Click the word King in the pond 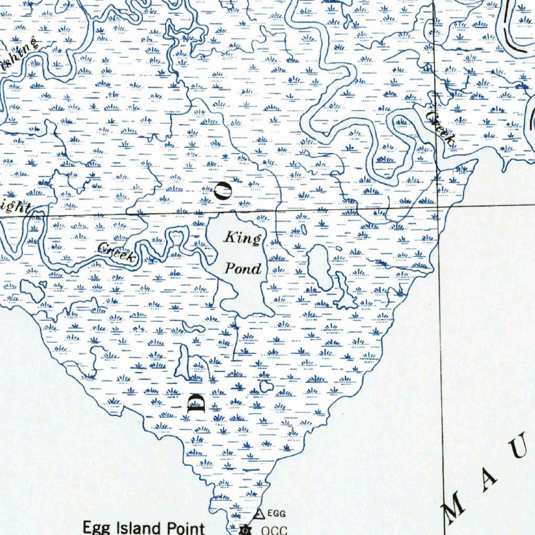point(242,239)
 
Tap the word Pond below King point(242,269)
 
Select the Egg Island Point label point(144,527)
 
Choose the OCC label point(274,530)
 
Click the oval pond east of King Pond point(319,267)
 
